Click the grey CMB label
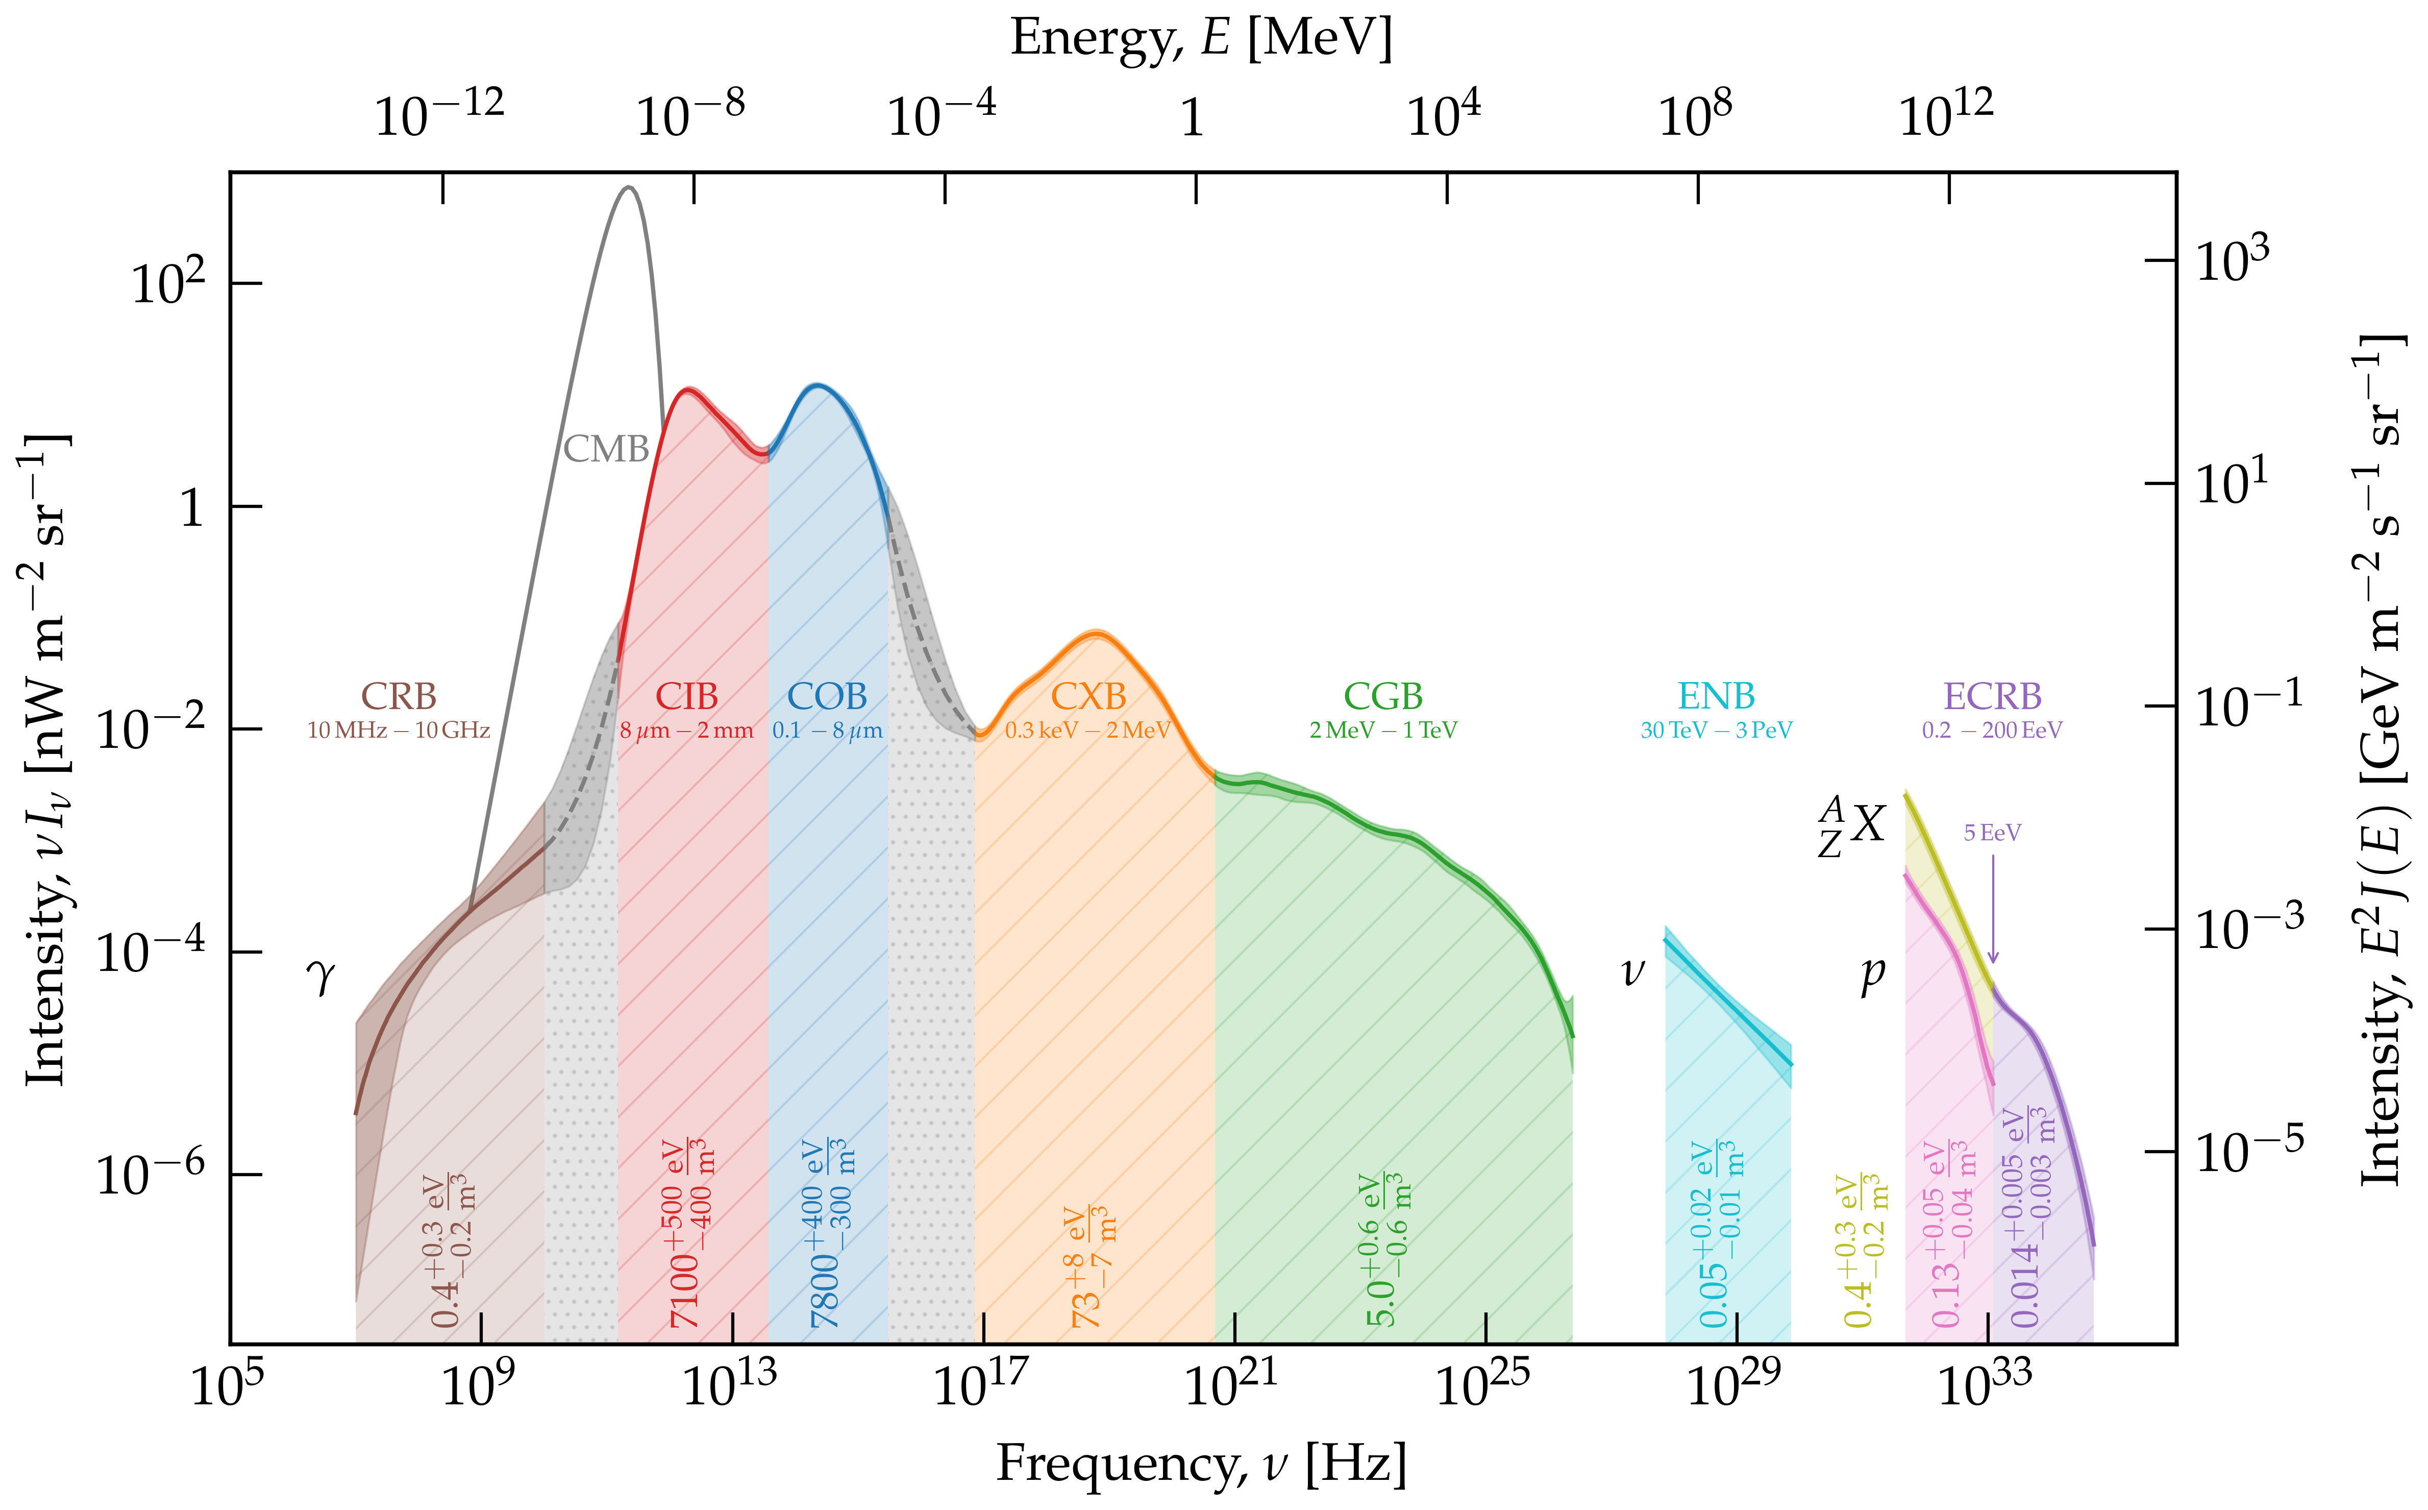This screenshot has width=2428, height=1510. (x=606, y=449)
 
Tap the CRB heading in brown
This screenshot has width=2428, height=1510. (x=399, y=696)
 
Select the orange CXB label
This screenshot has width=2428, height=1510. (x=1088, y=696)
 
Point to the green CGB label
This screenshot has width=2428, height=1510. (x=1383, y=696)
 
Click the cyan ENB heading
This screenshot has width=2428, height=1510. (x=1716, y=696)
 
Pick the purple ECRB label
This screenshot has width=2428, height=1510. (x=1992, y=696)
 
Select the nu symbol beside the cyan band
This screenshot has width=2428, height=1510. (x=1632, y=971)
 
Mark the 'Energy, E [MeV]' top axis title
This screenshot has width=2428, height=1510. (x=1201, y=38)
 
